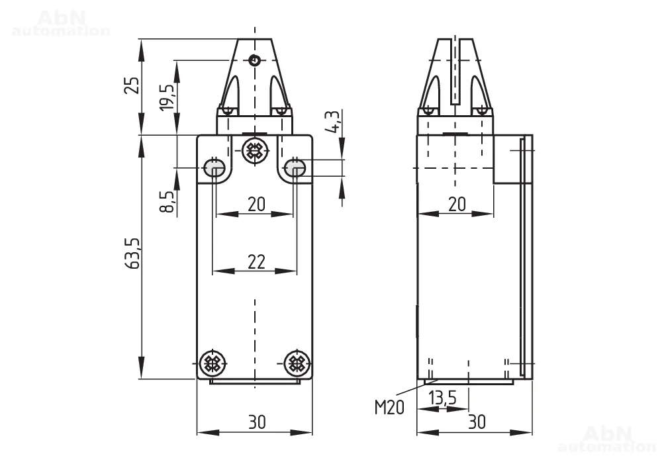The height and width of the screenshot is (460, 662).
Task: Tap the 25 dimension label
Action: pos(132,85)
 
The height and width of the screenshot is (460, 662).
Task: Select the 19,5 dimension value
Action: pos(167,97)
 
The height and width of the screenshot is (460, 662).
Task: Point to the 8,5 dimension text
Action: pos(167,201)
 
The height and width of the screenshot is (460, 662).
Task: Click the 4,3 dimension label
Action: pos(332,122)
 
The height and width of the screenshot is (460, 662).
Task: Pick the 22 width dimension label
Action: pos(256,262)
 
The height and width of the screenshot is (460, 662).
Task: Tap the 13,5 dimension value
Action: pos(443,398)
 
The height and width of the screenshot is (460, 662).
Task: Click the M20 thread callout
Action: pos(389,408)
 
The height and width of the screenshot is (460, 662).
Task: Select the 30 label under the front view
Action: pos(257,422)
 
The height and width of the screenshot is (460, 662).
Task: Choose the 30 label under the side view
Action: pos(477,422)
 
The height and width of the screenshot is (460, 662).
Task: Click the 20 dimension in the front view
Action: pos(256,205)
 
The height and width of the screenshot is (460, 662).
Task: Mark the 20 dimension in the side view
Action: pos(457,205)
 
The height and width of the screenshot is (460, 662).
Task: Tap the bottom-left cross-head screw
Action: pos(212,363)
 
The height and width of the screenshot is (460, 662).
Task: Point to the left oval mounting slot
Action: pos(214,167)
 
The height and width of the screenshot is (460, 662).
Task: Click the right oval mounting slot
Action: pos(295,167)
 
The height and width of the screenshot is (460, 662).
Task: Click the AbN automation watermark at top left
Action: pos(61,24)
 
